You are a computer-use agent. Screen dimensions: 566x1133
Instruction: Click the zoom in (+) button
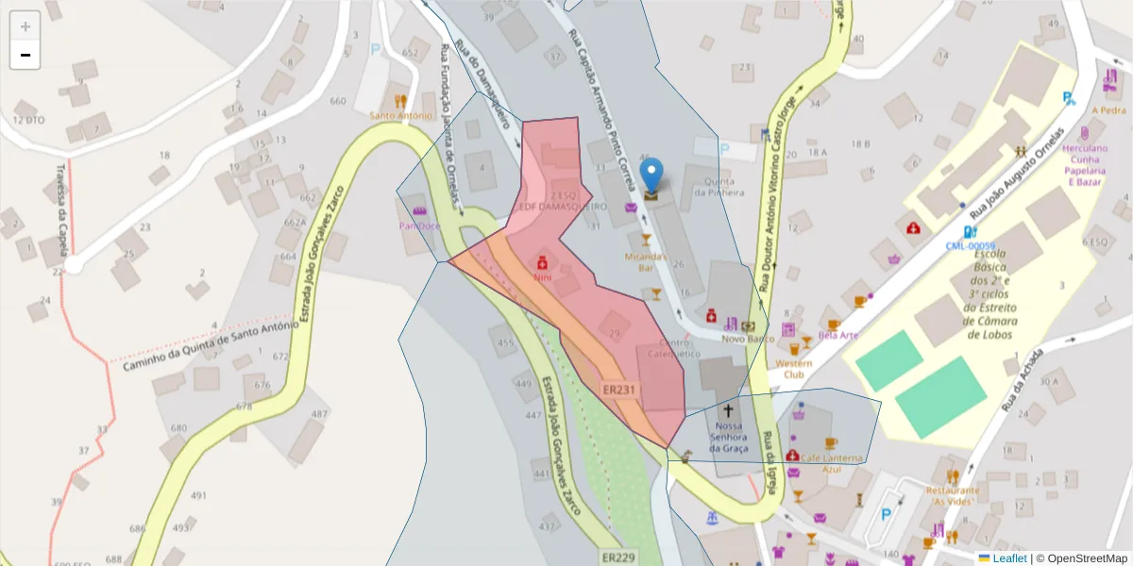tap(25, 26)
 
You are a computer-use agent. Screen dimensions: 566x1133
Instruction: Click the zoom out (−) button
tap(25, 55)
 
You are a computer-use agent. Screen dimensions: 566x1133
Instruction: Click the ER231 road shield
tap(620, 389)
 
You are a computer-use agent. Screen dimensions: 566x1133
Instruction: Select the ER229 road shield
tap(618, 558)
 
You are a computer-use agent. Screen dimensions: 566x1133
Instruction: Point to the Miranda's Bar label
tap(646, 261)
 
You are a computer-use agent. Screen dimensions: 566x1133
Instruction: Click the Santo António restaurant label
tap(401, 116)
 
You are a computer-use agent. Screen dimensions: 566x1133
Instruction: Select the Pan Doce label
tap(419, 226)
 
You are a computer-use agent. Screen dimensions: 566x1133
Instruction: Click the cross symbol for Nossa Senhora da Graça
tap(727, 410)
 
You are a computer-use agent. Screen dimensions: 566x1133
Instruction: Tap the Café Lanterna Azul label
tap(831, 463)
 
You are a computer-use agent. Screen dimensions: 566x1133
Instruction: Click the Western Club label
tap(793, 368)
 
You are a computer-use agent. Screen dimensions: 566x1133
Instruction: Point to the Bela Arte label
tap(838, 335)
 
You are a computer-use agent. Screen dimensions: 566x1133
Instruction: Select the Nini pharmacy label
tap(542, 278)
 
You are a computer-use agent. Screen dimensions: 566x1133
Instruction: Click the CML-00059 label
tap(971, 246)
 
